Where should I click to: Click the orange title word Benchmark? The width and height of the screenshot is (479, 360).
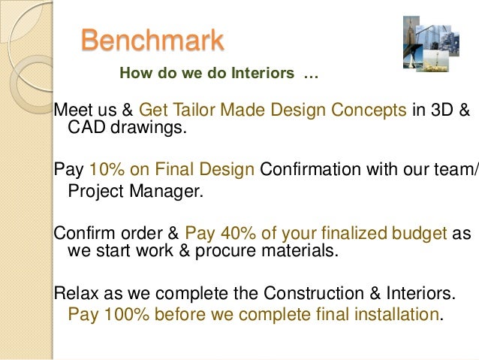(152, 41)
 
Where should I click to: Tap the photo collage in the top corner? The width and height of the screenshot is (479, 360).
(432, 44)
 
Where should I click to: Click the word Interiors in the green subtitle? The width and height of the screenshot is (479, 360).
(263, 74)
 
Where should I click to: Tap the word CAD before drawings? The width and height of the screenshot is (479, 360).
(85, 128)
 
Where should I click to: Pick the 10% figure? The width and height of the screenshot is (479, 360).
(104, 169)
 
